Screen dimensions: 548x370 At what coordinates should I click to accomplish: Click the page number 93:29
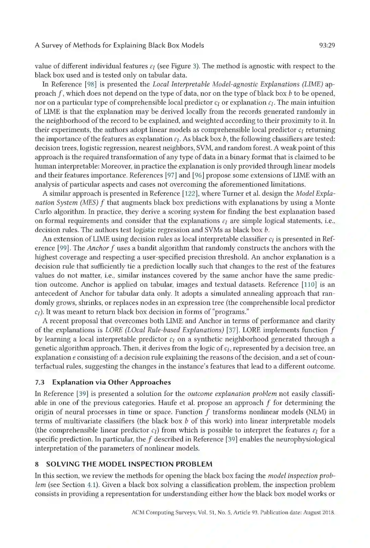[326, 45]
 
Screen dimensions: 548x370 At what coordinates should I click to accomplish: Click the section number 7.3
[40, 382]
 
